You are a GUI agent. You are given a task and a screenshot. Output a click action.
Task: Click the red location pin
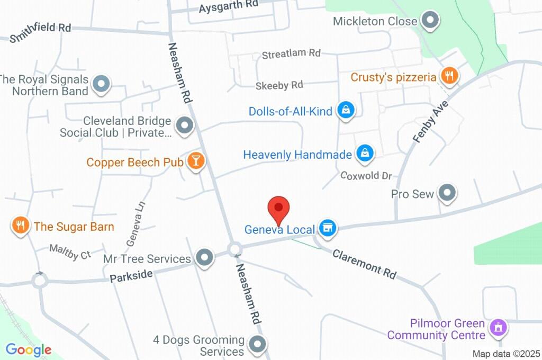coord(279,209)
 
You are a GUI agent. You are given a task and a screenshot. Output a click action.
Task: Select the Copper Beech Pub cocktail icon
coord(196,161)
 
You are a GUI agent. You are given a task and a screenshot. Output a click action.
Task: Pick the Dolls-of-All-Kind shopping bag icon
coord(346,111)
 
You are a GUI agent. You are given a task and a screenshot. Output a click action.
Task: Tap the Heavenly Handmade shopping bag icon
coord(365,154)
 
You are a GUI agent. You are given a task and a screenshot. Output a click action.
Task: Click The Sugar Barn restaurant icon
coord(20,226)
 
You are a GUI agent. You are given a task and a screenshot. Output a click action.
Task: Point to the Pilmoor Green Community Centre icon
coord(498,327)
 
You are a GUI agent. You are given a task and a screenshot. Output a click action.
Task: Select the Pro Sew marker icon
coord(448,193)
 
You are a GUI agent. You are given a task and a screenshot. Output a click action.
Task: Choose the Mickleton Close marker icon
coord(431,21)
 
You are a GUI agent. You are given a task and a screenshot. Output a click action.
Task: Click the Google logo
coord(29,349)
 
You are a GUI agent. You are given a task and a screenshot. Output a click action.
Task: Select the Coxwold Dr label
coord(366,175)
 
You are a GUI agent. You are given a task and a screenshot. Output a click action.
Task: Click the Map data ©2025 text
coord(506,354)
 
